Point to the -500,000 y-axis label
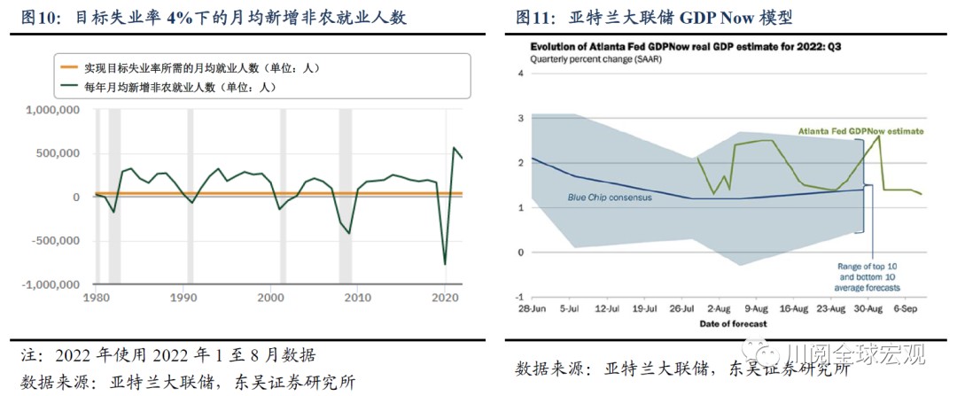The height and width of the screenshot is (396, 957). [x=55, y=241]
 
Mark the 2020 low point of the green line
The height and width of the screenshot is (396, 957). [x=445, y=264]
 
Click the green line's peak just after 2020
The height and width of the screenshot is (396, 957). [x=454, y=148]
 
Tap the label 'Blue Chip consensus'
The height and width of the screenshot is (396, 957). [x=610, y=198]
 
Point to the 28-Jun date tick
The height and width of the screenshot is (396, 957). [x=531, y=309]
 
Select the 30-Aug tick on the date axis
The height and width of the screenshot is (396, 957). [x=867, y=309]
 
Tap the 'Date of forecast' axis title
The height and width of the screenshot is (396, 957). [x=726, y=324]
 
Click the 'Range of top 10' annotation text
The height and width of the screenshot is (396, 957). [x=868, y=265]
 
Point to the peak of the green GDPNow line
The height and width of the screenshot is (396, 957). [x=879, y=136]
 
